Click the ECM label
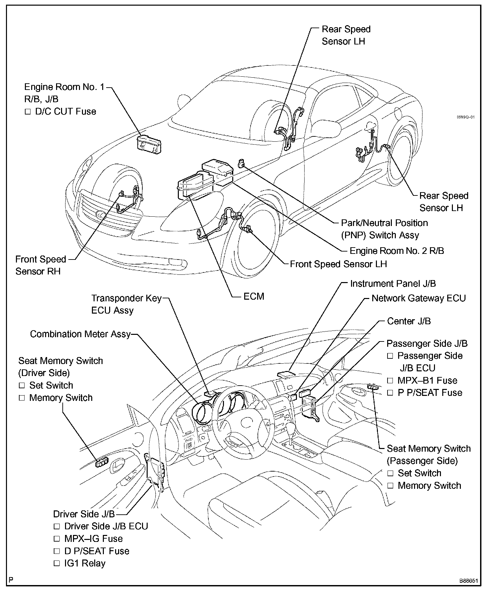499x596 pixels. [x=254, y=296]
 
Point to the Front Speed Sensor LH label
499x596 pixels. [x=338, y=264]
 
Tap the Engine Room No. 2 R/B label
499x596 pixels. [x=397, y=251]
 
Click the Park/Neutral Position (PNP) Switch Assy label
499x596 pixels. [x=384, y=229]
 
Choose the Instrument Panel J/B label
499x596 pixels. [x=393, y=284]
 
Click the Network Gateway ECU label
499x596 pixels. [x=418, y=298]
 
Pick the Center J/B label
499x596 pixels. [x=409, y=321]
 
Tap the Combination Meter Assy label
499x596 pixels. [x=80, y=334]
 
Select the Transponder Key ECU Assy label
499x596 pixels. [x=126, y=304]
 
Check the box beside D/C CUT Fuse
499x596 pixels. [x=28, y=112]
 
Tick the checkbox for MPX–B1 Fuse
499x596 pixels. [x=390, y=381]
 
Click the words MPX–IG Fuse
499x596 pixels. [x=93, y=539]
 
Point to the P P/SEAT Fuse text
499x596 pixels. [x=430, y=393]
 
